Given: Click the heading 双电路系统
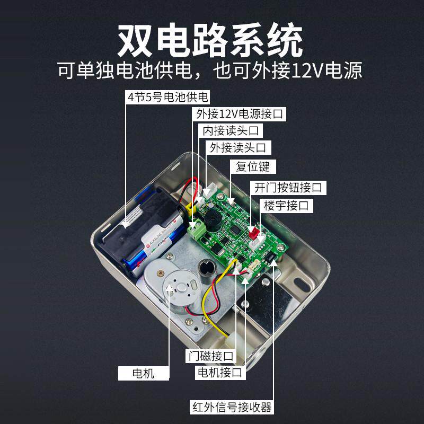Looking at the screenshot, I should click(210, 41).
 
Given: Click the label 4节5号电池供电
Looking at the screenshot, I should click(168, 97).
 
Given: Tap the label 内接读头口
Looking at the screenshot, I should click(231, 130).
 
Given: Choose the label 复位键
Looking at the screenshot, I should click(253, 167).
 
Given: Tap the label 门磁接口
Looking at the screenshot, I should click(210, 355).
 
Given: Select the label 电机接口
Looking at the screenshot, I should click(218, 373).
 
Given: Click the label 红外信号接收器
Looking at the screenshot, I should click(232, 407).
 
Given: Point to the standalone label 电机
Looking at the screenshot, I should click(143, 373).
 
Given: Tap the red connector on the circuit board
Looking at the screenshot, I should click(254, 232).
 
